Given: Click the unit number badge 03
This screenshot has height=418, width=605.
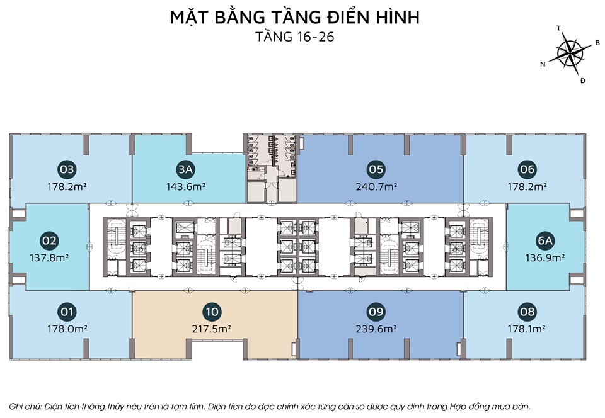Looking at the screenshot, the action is [67, 169].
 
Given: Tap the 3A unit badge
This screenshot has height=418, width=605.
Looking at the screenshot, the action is [185, 169].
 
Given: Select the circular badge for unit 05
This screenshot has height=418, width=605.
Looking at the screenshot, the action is [376, 169].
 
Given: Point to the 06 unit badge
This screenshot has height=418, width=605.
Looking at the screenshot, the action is [527, 169].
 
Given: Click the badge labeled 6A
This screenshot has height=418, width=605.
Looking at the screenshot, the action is [544, 240].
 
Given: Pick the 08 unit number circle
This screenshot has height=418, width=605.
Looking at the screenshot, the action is [527, 312].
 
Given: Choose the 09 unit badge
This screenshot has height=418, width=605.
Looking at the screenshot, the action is [376, 312].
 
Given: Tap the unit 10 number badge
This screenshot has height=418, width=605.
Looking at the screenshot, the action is [212, 312].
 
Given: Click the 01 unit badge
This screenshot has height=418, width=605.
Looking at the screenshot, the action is [67, 312].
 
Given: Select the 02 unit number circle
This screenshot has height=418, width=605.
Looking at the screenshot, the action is [49, 240].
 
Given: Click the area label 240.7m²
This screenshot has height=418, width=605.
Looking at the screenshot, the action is [376, 187].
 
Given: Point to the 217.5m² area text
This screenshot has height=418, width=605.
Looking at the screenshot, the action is [212, 329].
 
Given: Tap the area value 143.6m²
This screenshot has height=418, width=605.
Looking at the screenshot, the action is [185, 187].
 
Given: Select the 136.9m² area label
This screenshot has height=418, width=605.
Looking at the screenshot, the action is [544, 257].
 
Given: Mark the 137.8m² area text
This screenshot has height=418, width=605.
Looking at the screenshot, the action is [49, 257].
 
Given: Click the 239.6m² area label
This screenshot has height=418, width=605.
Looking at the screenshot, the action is [376, 329].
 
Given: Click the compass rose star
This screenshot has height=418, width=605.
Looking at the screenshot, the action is [570, 53].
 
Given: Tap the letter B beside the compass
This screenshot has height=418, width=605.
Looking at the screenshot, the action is [597, 43].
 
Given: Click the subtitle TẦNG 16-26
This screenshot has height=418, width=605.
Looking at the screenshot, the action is [295, 37].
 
